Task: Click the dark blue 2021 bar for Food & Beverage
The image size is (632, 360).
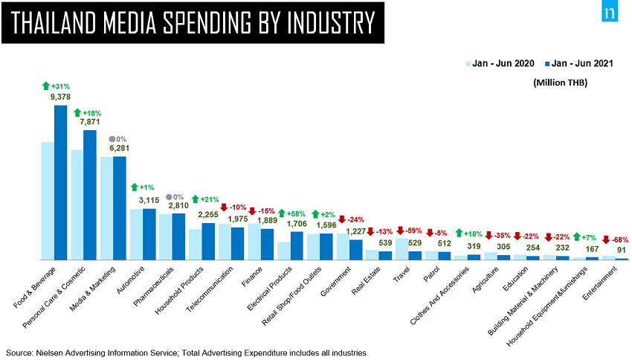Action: (61, 182)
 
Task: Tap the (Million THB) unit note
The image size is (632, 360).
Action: (560, 83)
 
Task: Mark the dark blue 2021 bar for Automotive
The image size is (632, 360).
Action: (149, 234)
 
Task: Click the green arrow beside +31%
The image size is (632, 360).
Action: (45, 86)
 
